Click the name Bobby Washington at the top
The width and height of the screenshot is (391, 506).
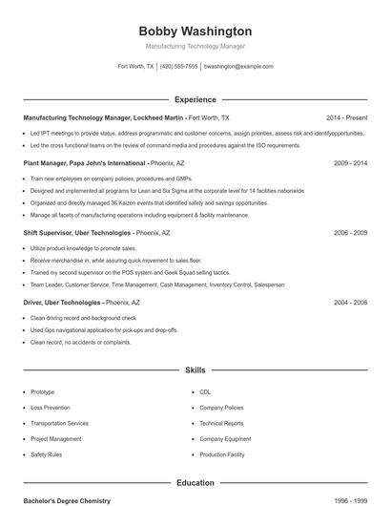195,32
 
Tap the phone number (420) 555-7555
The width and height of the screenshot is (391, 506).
179,67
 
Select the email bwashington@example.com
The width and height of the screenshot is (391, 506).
239,67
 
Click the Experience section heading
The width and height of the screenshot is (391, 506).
195,99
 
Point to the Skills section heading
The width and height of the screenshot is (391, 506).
195,369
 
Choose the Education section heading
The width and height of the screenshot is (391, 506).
195,483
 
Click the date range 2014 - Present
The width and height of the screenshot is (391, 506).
346,117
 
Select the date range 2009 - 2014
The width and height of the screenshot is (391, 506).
350,163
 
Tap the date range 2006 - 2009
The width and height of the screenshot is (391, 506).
350,232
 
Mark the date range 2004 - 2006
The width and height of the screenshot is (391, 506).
350,302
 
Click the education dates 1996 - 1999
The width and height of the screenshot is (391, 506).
350,500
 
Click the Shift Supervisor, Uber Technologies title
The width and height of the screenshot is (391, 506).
75,232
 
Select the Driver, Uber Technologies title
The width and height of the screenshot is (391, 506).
62,302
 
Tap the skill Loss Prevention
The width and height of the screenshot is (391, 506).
50,408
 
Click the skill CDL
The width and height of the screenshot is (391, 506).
205,392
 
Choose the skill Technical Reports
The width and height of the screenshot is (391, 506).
221,423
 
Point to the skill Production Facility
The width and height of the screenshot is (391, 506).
222,454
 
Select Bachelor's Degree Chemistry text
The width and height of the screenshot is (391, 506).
67,500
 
